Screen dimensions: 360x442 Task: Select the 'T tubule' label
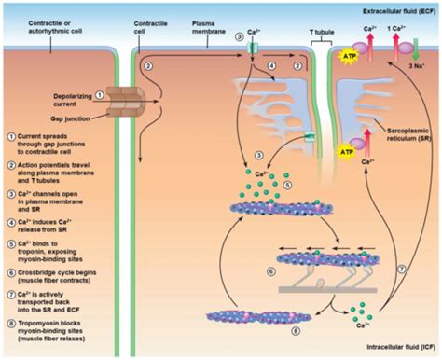(x=323, y=44)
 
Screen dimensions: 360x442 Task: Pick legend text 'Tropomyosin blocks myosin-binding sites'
(x=56, y=323)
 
